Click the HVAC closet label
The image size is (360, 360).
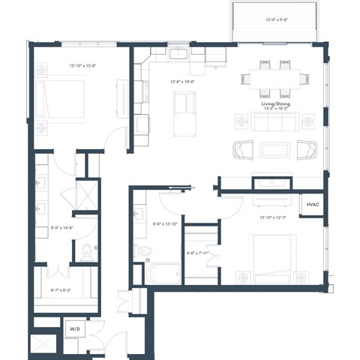312,204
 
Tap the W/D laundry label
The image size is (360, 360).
75,329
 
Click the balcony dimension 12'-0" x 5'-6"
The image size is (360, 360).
279,20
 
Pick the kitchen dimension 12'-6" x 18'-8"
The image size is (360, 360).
183,82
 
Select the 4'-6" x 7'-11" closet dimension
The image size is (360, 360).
199,253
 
